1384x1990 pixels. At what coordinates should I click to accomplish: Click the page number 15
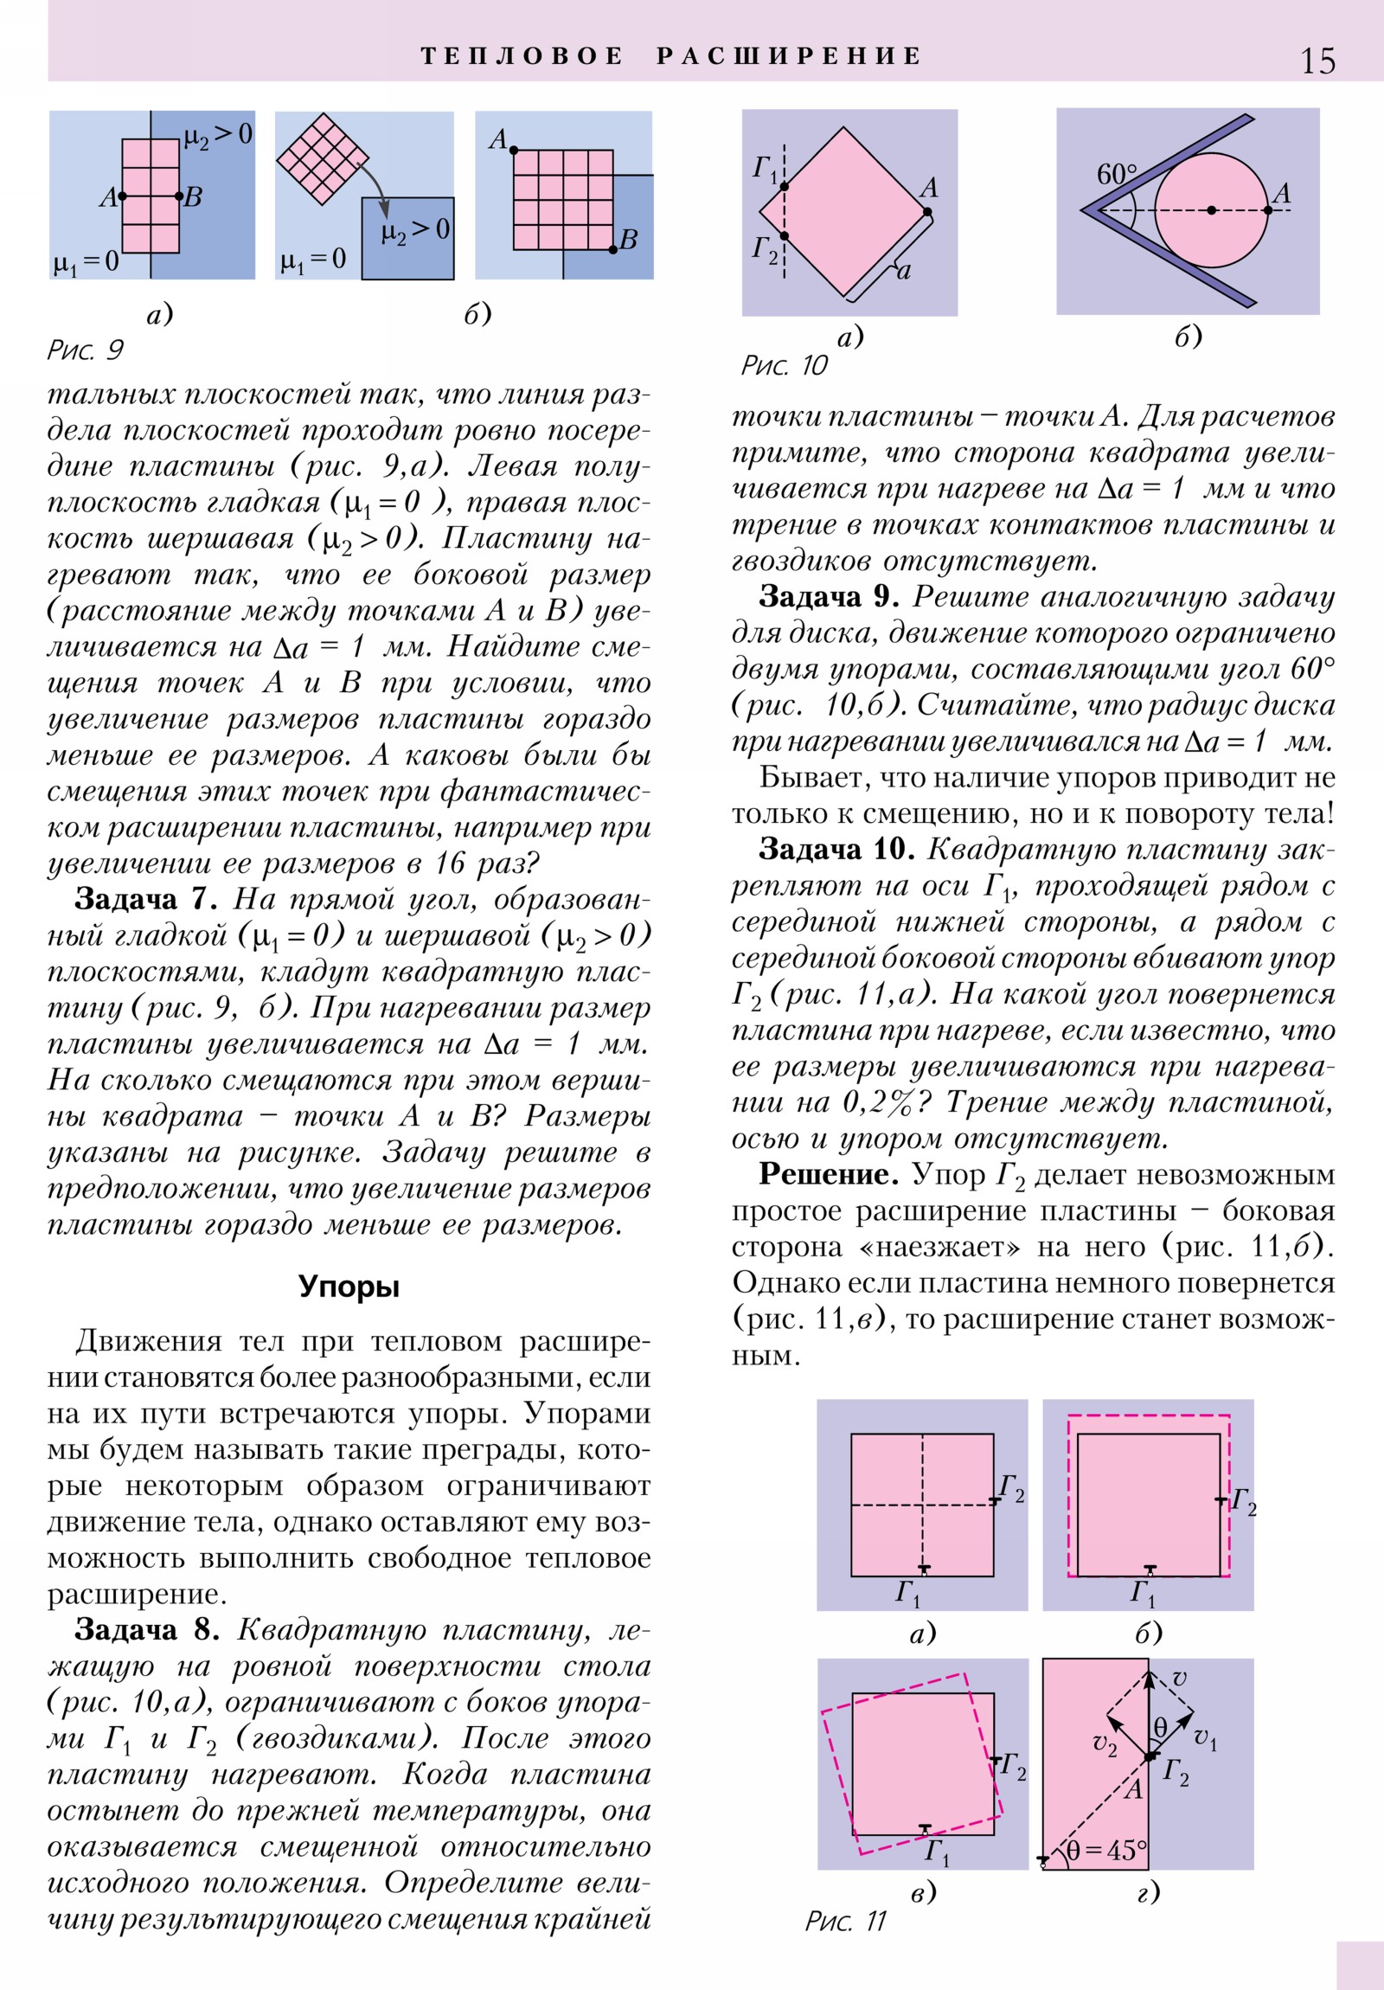[x=1317, y=61]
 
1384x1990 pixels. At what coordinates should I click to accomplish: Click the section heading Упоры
[x=349, y=1287]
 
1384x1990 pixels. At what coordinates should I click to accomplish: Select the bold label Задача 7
[x=145, y=899]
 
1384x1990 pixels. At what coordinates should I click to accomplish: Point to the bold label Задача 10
[x=836, y=849]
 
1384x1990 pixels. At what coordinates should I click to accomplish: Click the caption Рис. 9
[x=85, y=350]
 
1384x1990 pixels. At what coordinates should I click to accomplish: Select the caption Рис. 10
[x=784, y=365]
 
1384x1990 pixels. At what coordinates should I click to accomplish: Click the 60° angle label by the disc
[x=1116, y=174]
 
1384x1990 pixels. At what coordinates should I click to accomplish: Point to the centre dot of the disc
[x=1212, y=209]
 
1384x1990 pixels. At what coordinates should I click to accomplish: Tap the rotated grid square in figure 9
[x=322, y=158]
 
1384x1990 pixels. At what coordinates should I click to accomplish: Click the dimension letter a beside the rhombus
[x=904, y=273]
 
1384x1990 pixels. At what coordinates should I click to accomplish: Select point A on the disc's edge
[x=1268, y=209]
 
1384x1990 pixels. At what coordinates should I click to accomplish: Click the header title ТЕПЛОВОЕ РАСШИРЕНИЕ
[x=671, y=56]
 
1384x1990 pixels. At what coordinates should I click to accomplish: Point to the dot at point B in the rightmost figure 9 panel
[x=612, y=250]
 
